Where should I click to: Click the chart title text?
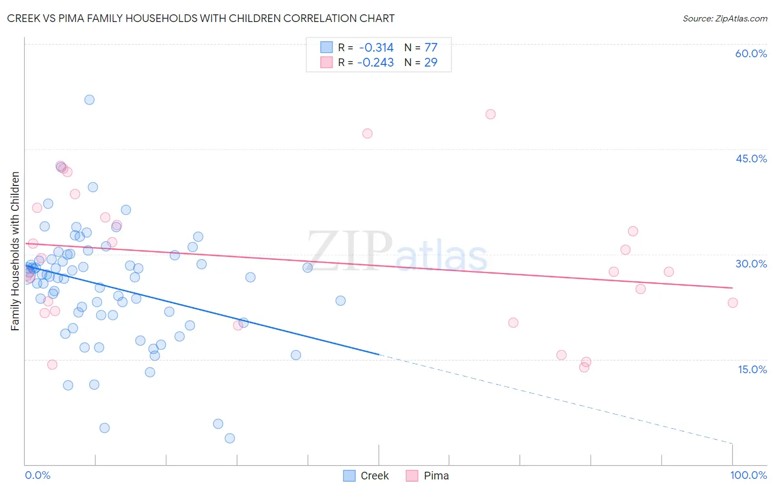coord(200,18)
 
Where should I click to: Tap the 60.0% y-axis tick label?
coord(751,53)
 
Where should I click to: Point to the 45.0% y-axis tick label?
coord(751,159)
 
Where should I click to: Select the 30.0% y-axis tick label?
coord(751,264)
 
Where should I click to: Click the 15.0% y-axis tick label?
coord(752,369)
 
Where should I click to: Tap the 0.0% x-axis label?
coord(37,475)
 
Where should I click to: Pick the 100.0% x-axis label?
coord(748,475)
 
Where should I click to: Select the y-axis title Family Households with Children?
coord(15,251)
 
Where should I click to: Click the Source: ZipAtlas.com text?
coord(724,19)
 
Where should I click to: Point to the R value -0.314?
coord(376,48)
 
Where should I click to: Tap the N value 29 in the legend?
coord(430,63)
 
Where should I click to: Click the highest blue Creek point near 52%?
coord(89,100)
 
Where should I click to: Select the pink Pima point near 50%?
coord(490,114)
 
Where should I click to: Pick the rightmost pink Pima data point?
coord(732,303)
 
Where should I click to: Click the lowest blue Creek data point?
coord(230,438)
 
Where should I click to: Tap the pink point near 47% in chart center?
coord(367,134)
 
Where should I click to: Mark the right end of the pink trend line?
coord(732,288)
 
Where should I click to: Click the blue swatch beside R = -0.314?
coord(326,47)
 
